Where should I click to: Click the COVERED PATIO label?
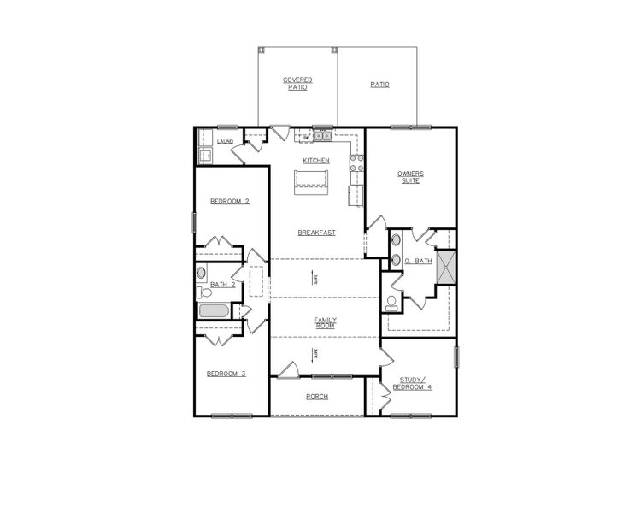[x=297, y=83]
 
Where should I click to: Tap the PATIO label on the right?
[x=379, y=85]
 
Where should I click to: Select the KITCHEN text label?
[x=316, y=161]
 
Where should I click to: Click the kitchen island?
[x=311, y=178]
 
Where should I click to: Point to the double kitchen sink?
[x=322, y=135]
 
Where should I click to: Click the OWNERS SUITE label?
[x=410, y=177]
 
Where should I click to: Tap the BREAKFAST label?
[x=316, y=233]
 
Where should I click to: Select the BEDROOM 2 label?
[x=230, y=202]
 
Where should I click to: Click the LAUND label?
[x=226, y=142]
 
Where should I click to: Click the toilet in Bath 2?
[x=205, y=292]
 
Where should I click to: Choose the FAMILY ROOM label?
[x=324, y=322]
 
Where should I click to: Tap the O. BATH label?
[x=418, y=261]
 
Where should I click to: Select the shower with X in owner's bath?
[x=444, y=267]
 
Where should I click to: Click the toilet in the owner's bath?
[x=391, y=302]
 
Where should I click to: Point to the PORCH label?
[x=317, y=397]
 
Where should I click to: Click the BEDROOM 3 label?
[x=226, y=374]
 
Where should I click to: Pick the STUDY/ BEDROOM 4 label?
[x=411, y=382]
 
